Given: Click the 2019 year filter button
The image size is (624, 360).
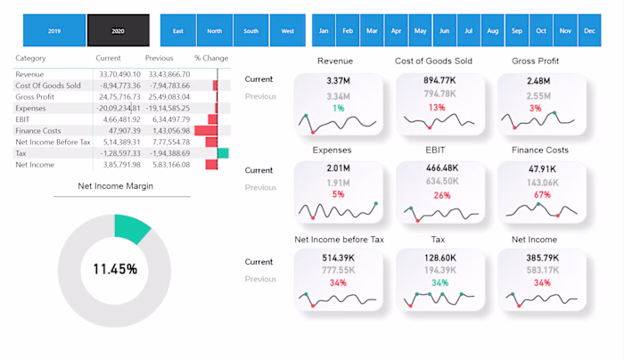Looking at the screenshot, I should coord(53,31).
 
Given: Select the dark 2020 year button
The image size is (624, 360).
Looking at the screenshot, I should coord(119,31).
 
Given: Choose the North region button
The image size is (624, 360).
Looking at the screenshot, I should coord(215,31).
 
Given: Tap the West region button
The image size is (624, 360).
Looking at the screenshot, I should coord(287,31).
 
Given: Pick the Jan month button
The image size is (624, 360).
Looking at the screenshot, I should coord(324,31).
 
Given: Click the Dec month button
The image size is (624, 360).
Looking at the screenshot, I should coord(589,31).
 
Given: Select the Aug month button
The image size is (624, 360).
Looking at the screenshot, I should coord(493,31).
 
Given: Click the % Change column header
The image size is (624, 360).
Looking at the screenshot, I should coord(211,58).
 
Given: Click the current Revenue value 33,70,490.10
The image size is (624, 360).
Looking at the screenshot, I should coord(119,74).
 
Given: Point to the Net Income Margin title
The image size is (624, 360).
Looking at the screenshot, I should coord(116,186).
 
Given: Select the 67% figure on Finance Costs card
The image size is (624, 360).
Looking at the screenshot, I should coord(541,195).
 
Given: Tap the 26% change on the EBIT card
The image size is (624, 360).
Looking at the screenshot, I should coord(442,195).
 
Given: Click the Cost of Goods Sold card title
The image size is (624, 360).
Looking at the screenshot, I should coord(438,61).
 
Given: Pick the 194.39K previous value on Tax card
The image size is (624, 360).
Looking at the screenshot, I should coord(440,270).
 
